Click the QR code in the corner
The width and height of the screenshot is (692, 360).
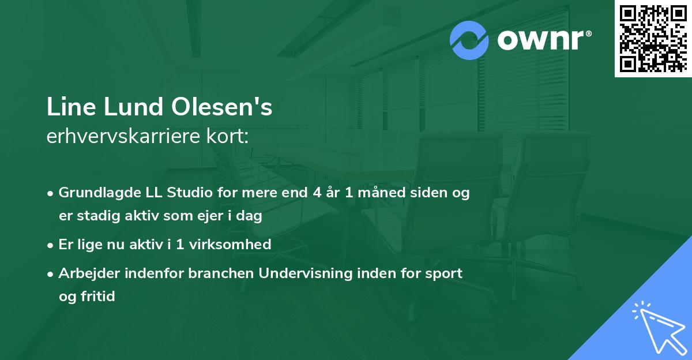point(653,39)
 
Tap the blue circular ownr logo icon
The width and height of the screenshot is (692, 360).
point(469,40)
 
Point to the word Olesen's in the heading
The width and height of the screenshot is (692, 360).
point(221,107)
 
